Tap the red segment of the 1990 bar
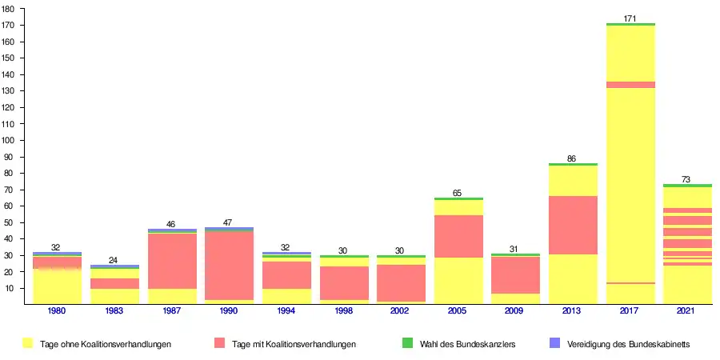pos(230,265)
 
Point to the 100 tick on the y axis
pos(9,140)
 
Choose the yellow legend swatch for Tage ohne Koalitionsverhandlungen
pos(27,343)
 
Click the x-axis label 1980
pos(57,310)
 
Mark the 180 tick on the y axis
pos(9,9)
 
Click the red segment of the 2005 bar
pos(458,236)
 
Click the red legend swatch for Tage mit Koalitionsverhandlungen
pos(219,343)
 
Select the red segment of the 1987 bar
pos(172,261)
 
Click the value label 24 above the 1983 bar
pos(114,260)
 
